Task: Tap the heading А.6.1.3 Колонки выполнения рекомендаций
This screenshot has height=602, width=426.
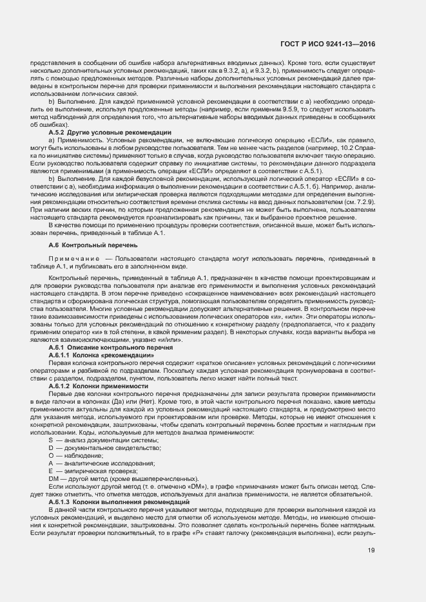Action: click(x=119, y=501)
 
